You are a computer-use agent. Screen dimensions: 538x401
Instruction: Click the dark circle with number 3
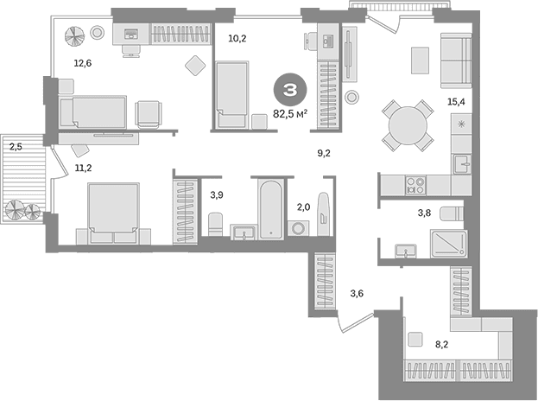click(x=290, y=90)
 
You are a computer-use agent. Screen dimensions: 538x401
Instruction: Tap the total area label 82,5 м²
click(x=290, y=113)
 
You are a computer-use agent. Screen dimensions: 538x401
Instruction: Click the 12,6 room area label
click(x=83, y=63)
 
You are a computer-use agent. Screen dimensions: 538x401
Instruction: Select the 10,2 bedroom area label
click(x=237, y=38)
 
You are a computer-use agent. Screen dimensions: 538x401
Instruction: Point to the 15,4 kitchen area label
click(x=456, y=102)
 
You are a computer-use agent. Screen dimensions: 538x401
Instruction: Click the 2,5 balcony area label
click(x=16, y=147)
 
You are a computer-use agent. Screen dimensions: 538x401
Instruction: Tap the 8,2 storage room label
click(x=442, y=344)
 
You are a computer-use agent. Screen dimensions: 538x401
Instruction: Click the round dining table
click(x=408, y=125)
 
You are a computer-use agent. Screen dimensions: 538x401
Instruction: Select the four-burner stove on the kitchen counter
click(x=415, y=186)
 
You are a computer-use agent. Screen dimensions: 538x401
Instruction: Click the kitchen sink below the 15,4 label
click(x=463, y=164)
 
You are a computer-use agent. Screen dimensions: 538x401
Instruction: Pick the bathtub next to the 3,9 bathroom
click(x=271, y=209)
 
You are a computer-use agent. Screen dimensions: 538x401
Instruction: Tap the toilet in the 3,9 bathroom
click(x=216, y=225)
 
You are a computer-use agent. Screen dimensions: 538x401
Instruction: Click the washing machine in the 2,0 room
click(x=298, y=228)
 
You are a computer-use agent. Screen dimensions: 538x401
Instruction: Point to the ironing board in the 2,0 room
click(x=324, y=214)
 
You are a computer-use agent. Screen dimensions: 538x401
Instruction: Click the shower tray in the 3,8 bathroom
click(x=448, y=244)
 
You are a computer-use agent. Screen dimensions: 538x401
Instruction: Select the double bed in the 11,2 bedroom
click(x=114, y=213)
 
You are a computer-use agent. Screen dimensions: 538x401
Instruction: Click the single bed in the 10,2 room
click(x=232, y=95)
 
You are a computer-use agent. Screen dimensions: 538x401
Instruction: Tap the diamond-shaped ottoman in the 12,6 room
click(x=195, y=65)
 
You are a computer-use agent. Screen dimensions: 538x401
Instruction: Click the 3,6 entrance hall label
click(x=357, y=294)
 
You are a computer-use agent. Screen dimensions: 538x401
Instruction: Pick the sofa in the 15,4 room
click(x=456, y=60)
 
